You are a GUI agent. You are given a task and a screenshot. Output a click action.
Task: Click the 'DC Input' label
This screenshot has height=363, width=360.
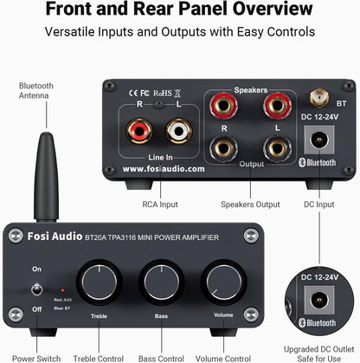click(318, 204)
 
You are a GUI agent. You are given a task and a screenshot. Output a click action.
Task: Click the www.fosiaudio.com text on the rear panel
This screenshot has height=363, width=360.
click(164, 169)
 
